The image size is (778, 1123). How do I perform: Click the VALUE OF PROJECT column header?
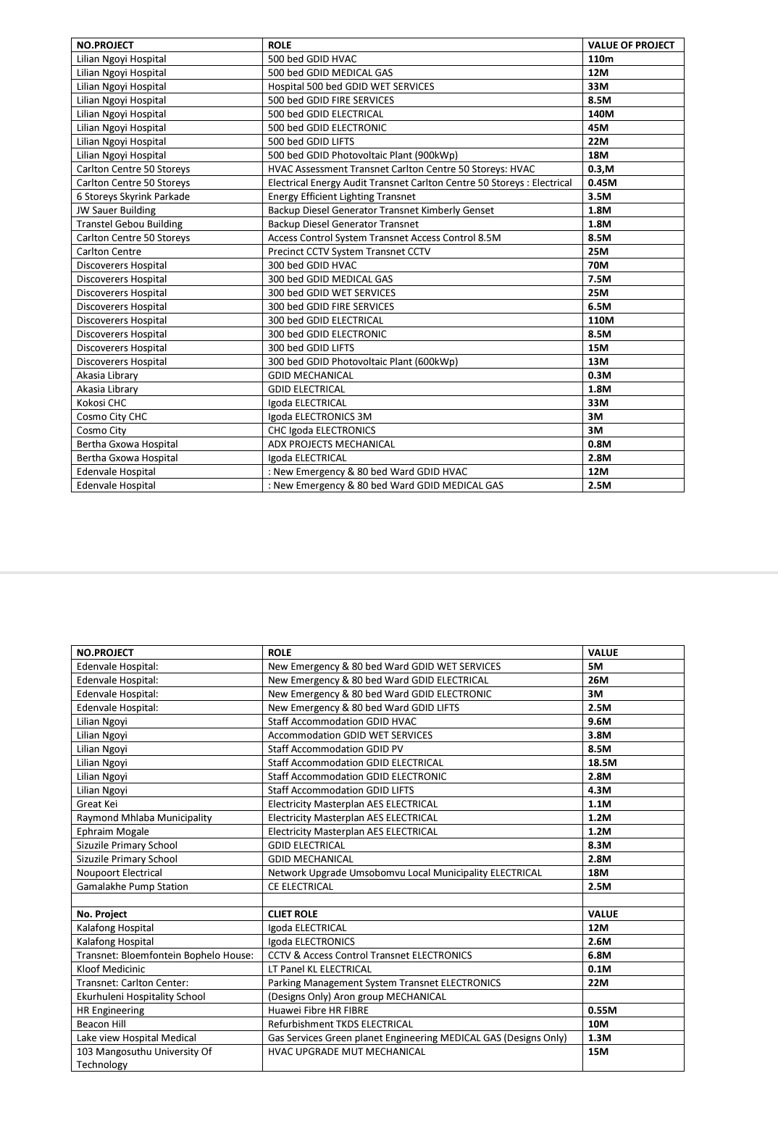point(630,45)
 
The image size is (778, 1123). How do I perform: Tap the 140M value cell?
point(601,114)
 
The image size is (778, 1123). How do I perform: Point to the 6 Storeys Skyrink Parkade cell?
point(133,196)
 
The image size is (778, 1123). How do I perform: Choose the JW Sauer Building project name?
point(116,210)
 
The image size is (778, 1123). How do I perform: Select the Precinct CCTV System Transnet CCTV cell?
point(348,251)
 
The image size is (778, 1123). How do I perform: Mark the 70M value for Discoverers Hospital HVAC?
point(598,265)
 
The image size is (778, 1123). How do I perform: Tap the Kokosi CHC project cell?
point(101,403)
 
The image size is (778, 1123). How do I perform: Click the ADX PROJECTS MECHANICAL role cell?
point(331,444)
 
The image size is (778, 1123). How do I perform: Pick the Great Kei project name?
point(97,804)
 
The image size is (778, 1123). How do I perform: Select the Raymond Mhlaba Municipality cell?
point(144,817)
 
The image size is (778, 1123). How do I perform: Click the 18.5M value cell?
point(602,762)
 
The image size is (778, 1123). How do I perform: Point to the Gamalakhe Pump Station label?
point(132,886)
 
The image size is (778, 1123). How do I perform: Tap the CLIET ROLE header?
point(293,914)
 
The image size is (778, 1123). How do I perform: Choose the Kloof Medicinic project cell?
point(111,969)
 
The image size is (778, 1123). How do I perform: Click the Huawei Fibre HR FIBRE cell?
point(318,1010)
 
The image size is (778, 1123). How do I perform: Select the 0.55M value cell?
point(602,1010)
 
